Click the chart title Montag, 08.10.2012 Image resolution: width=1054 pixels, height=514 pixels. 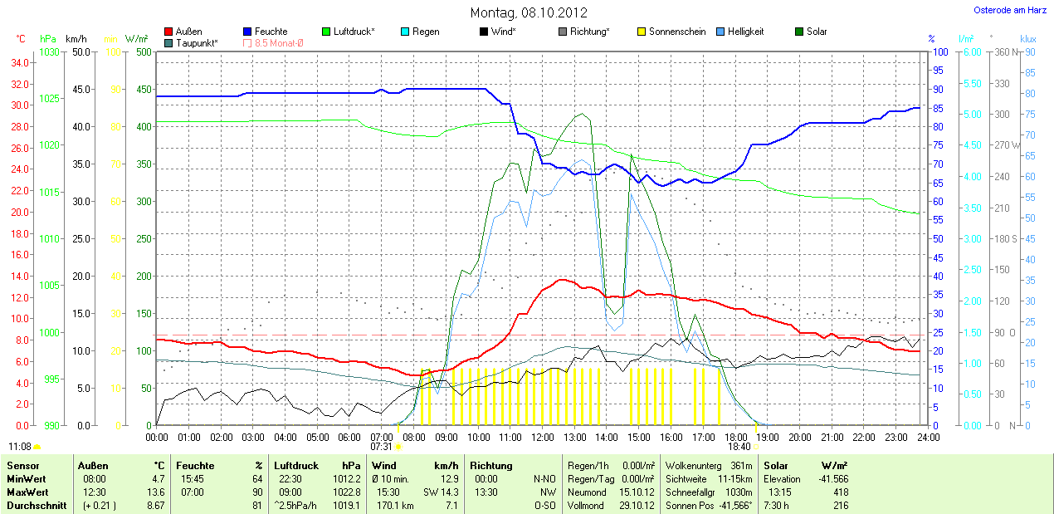pyautogui.click(x=529, y=12)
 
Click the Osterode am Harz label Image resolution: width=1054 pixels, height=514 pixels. pyautogui.click(x=1009, y=10)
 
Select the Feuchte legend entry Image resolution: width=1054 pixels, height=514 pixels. pyautogui.click(x=271, y=32)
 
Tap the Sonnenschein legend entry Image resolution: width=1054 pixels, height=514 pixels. pyautogui.click(x=677, y=32)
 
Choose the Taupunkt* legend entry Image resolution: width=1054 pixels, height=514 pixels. pyautogui.click(x=197, y=42)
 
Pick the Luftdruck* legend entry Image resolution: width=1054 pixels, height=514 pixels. pyautogui.click(x=354, y=32)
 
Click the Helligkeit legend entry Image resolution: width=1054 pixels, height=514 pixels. pyautogui.click(x=745, y=32)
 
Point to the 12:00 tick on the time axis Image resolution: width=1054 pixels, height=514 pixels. pyautogui.click(x=542, y=437)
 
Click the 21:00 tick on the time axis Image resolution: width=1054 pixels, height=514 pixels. pyautogui.click(x=832, y=437)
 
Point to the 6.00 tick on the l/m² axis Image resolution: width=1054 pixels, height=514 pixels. pyautogui.click(x=970, y=52)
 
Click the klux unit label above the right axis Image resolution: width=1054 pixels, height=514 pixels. pyautogui.click(x=1027, y=39)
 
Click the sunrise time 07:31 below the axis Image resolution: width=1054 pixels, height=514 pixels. pyautogui.click(x=369, y=447)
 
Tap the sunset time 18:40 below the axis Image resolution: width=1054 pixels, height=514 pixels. pyautogui.click(x=739, y=447)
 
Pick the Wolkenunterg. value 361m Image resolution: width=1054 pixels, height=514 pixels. pyautogui.click(x=743, y=466)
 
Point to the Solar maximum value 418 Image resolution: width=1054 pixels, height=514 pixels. pyautogui.click(x=840, y=492)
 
